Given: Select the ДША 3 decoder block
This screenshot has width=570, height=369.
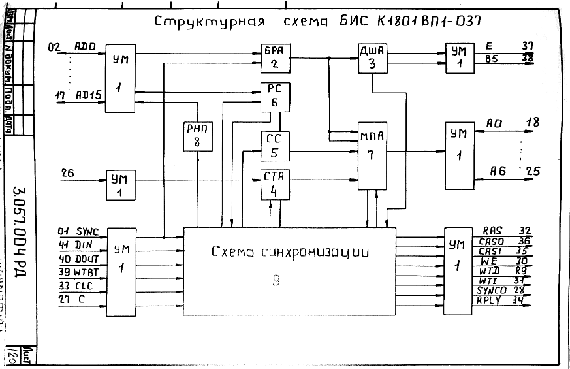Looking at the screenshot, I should tap(372, 57).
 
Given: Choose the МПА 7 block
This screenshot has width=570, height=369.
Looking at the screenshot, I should tap(372, 148).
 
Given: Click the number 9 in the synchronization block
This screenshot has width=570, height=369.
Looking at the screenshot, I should tap(276, 280).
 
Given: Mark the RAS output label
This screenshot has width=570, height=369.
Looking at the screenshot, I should tap(492, 231).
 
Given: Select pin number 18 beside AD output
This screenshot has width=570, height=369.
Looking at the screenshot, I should tap(532, 122).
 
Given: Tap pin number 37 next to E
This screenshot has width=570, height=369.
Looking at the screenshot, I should tap(528, 46).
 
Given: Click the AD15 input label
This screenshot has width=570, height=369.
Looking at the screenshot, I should tap(88, 95).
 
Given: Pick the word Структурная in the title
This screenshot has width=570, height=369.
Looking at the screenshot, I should tap(209, 22).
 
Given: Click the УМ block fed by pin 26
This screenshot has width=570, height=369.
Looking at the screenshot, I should tap(122, 185).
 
